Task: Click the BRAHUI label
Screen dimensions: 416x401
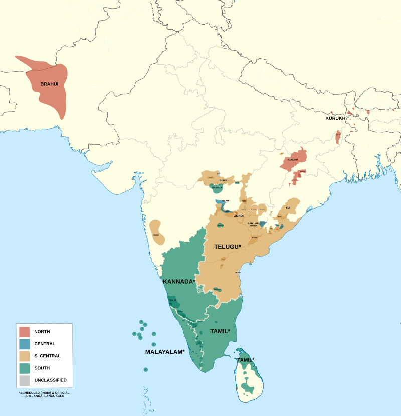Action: pyautogui.click(x=49, y=84)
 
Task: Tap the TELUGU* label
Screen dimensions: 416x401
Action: pyautogui.click(x=228, y=247)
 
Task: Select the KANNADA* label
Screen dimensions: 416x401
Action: pyautogui.click(x=179, y=282)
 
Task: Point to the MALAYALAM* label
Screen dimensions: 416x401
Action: pyautogui.click(x=165, y=352)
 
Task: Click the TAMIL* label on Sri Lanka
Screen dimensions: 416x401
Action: pyautogui.click(x=246, y=360)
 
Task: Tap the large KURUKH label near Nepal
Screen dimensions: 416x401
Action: pyautogui.click(x=335, y=118)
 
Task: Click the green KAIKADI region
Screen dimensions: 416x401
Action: pyautogui.click(x=217, y=188)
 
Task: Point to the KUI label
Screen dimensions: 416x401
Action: pyautogui.click(x=288, y=207)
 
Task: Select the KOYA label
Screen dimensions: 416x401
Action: pyautogui.click(x=255, y=237)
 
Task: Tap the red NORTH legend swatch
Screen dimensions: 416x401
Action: pyautogui.click(x=25, y=332)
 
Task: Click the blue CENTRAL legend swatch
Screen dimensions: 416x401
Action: pyautogui.click(x=25, y=344)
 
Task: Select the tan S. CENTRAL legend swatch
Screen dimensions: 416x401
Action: pyautogui.click(x=25, y=356)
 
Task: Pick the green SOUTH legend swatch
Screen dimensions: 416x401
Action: pyautogui.click(x=25, y=368)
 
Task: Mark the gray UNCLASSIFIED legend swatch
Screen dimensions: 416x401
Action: pyautogui.click(x=25, y=380)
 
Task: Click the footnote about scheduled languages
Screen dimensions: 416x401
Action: pyautogui.click(x=44, y=394)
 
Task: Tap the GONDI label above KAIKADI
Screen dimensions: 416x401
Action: pyautogui.click(x=223, y=180)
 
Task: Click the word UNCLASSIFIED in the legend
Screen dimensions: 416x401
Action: pyautogui.click(x=50, y=380)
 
